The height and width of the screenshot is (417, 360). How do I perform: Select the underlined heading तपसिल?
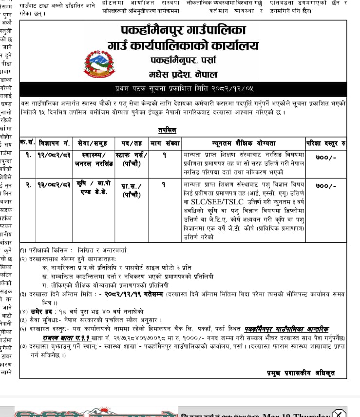coord(167,130)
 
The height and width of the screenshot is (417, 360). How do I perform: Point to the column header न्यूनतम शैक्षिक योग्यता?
coord(244,143)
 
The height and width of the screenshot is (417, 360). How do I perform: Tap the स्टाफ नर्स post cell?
coord(132,159)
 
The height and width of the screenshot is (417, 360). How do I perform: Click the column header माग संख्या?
coord(165,143)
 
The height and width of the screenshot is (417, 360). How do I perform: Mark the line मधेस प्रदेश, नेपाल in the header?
coord(183,75)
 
